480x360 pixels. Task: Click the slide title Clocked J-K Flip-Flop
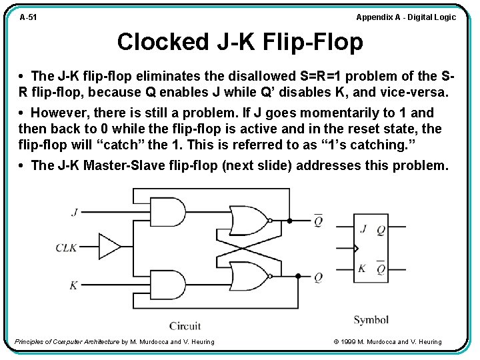coord(240,42)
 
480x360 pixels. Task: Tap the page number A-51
coord(28,17)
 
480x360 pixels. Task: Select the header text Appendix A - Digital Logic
coord(406,17)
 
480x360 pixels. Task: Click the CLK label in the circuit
coord(67,248)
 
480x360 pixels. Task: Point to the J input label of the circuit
coord(74,213)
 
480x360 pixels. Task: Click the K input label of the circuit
coord(74,285)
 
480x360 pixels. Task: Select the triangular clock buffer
coord(109,247)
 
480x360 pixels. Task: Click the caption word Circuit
coord(185,326)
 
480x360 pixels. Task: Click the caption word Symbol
coord(371,320)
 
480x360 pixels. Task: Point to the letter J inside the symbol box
coord(363,229)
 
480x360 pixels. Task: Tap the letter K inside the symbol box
coord(363,268)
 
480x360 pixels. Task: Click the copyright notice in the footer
coord(387,342)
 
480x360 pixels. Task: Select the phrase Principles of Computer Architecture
coord(67,342)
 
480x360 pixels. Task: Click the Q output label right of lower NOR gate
coord(319,277)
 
